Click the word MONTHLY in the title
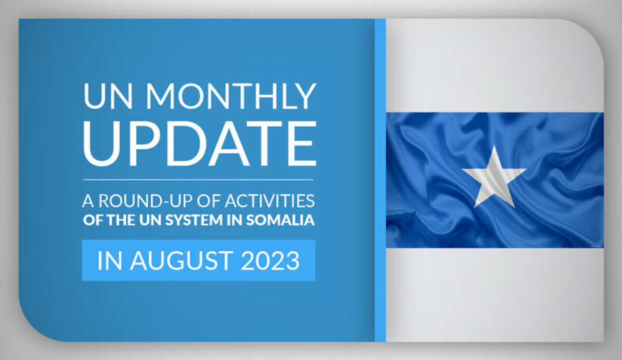[x=231, y=96]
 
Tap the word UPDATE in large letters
[x=200, y=143]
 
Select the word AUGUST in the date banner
[x=182, y=261]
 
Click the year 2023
[x=270, y=261]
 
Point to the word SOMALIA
[x=280, y=220]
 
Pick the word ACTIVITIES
[x=270, y=200]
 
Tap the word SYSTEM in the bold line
[x=194, y=220]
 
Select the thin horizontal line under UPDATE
[x=198, y=180]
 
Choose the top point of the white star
[x=494, y=146]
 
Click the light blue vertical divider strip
[x=380, y=180]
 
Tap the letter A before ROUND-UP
[x=88, y=200]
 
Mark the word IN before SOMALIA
[x=234, y=220]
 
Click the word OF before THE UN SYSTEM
[x=93, y=220]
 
